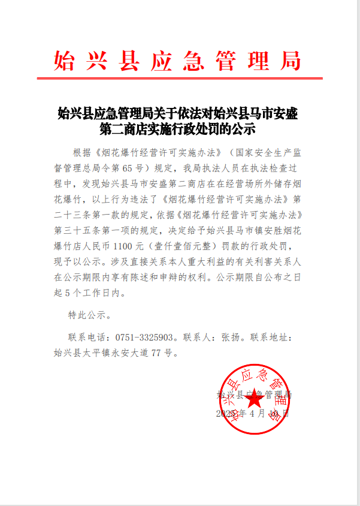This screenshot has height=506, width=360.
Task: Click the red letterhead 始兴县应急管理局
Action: coord(177,61)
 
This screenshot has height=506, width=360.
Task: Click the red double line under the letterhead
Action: coord(180,79)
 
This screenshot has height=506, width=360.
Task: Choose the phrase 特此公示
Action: coord(86,314)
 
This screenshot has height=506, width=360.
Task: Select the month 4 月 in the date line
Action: coord(255,414)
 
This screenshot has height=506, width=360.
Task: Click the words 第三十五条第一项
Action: coord(93,230)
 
